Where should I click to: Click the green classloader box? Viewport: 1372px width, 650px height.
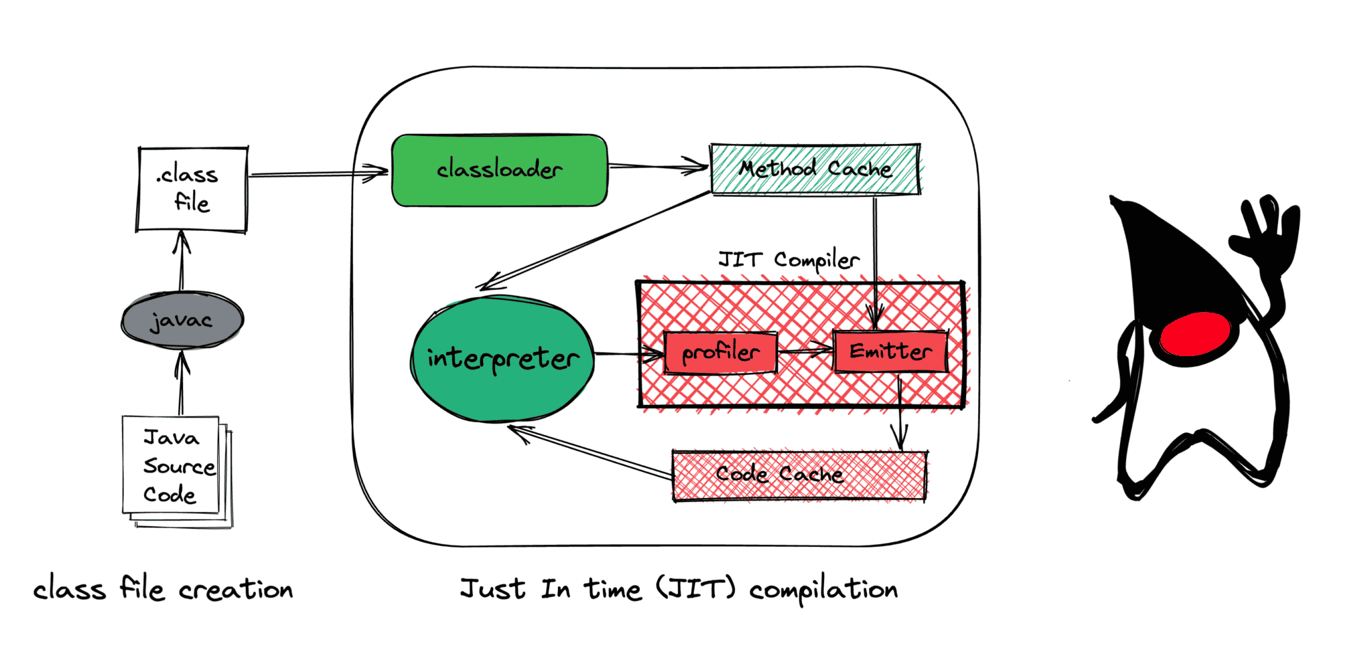tap(499, 170)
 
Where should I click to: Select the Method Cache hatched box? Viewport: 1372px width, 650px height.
tap(815, 169)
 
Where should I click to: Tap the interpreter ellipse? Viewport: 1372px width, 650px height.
tap(502, 359)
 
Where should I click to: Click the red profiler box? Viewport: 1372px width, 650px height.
tap(720, 352)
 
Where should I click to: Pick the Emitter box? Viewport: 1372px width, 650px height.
tap(890, 351)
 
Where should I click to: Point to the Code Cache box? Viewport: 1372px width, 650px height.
tap(799, 475)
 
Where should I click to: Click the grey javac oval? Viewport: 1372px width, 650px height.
tap(182, 321)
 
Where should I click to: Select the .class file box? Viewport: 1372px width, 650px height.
tap(192, 189)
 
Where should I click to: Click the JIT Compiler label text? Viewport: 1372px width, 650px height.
tap(788, 260)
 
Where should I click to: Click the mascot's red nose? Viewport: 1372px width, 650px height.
tap(1195, 334)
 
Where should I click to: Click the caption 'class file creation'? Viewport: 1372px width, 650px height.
tap(163, 590)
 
